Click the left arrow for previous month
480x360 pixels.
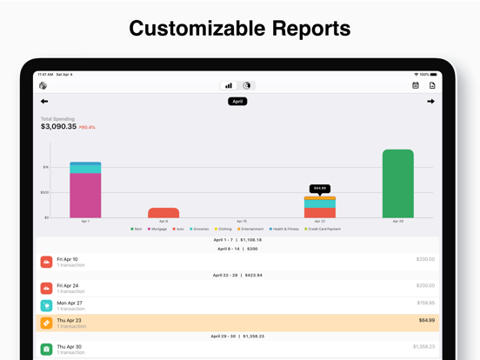(x=44, y=102)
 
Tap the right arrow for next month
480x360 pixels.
(x=430, y=102)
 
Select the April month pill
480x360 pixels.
(x=238, y=102)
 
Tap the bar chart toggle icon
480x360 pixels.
(x=230, y=85)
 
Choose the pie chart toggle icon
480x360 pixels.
(x=247, y=85)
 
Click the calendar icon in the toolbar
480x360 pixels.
(x=416, y=85)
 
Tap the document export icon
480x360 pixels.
(x=432, y=85)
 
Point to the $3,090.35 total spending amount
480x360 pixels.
(x=58, y=127)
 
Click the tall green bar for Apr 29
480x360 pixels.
(x=397, y=183)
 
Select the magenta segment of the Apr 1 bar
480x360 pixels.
(x=85, y=195)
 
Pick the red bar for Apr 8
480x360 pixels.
(x=163, y=212)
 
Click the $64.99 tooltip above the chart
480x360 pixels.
(x=320, y=188)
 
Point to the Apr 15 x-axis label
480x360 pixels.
(x=241, y=221)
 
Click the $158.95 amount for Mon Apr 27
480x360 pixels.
(x=425, y=303)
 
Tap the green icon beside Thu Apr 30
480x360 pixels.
(x=47, y=349)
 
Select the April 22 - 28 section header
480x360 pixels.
(x=237, y=275)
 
